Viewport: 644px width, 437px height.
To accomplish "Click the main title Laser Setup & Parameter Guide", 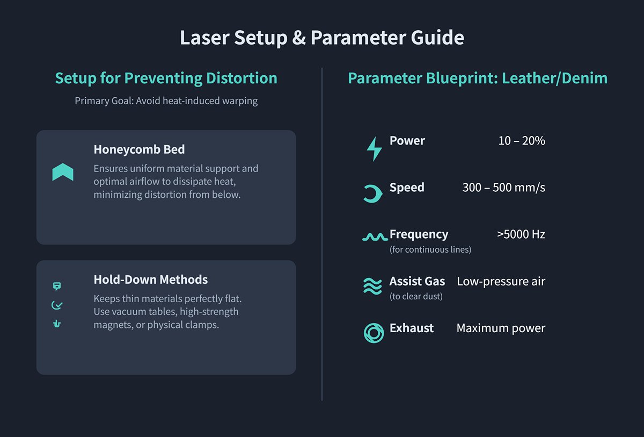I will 321,38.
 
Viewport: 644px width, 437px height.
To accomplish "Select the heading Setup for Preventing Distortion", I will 166,78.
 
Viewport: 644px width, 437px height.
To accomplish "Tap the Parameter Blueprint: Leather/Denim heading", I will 478,78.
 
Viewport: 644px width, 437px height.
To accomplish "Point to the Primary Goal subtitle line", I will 166,101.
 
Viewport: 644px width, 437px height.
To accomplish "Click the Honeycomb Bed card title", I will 139,149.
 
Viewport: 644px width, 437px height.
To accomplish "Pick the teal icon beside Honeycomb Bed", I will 63,172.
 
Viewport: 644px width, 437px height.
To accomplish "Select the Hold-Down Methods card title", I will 150,280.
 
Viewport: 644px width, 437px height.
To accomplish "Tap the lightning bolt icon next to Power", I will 374,148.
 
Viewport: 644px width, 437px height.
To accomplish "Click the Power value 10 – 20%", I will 521,141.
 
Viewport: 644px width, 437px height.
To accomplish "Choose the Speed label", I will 407,188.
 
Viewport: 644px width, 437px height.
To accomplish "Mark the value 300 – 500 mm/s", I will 503,188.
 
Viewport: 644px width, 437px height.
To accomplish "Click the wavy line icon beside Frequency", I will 375,237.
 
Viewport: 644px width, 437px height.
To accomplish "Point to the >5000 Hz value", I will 521,234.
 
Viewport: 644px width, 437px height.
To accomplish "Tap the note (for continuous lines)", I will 430,249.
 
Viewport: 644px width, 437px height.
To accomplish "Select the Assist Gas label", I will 417,281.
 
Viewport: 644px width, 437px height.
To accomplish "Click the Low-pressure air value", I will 501,281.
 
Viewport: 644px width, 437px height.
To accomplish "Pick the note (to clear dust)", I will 416,296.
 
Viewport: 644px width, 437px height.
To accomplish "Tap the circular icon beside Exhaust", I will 374,333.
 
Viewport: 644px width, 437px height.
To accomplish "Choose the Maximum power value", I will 501,328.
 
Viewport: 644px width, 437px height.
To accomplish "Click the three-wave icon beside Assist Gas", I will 372,286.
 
